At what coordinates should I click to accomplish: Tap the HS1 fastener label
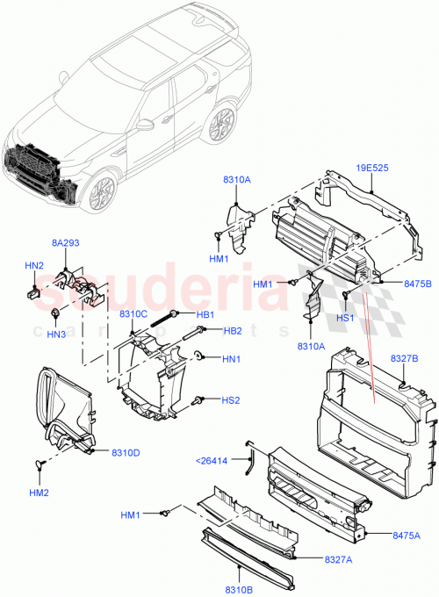pos(346,317)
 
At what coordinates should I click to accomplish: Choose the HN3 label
pos(56,334)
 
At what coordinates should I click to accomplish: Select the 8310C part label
pos(133,313)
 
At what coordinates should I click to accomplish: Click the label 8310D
pos(126,452)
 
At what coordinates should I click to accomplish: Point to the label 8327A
pos(338,558)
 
